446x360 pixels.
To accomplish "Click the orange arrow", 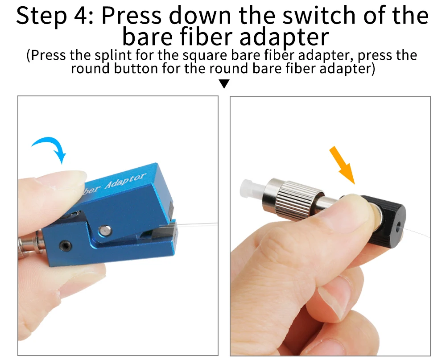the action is click(x=342, y=165).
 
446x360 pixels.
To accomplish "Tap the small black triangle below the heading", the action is click(x=224, y=84).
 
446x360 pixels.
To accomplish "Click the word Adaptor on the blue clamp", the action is click(x=125, y=180).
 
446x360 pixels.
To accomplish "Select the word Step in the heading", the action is click(x=41, y=16).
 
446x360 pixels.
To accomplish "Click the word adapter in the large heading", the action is click(x=284, y=37).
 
